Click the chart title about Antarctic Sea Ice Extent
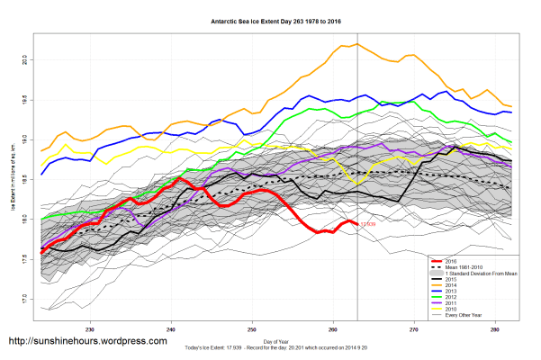point(269,18)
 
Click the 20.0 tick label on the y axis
point(24,60)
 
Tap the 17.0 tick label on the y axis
point(24,298)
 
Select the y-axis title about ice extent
point(12,180)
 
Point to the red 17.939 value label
point(369,224)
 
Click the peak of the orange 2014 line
point(357,43)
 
